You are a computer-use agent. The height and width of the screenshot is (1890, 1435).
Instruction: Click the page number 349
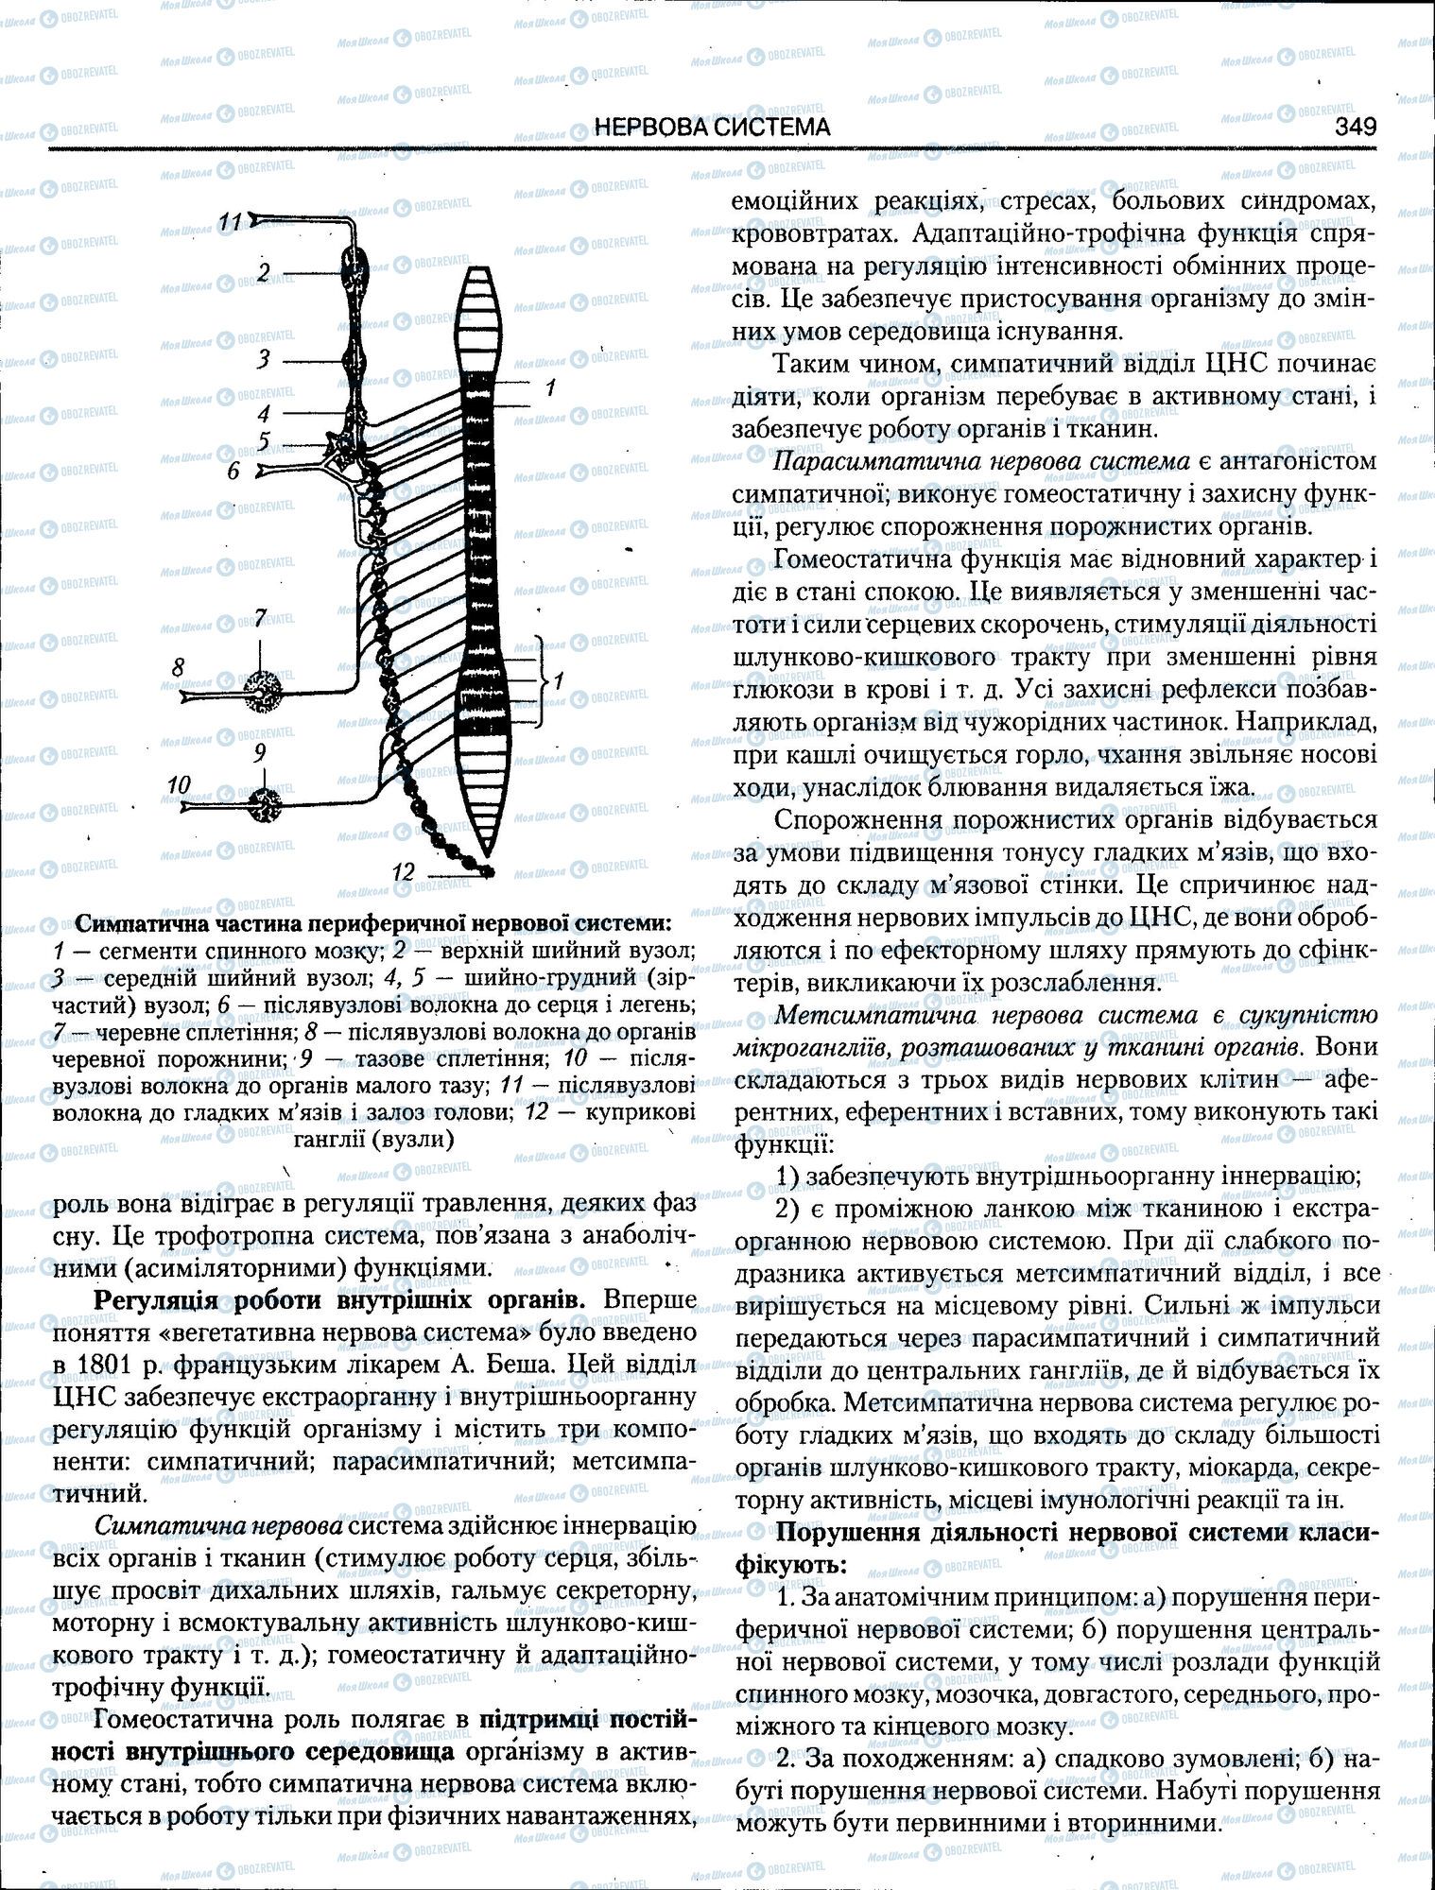pyautogui.click(x=1354, y=126)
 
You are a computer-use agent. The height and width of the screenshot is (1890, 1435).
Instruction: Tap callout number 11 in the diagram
pyautogui.click(x=231, y=221)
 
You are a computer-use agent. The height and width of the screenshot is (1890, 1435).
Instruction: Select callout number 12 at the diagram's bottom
pyautogui.click(x=404, y=871)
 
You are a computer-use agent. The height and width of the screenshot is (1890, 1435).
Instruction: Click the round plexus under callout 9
pyautogui.click(x=264, y=805)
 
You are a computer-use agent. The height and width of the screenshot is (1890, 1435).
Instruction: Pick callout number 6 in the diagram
pyautogui.click(x=233, y=470)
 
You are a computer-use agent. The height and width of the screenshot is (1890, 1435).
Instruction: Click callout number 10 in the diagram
pyautogui.click(x=180, y=783)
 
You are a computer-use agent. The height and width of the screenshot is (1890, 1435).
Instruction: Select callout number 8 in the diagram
pyautogui.click(x=178, y=667)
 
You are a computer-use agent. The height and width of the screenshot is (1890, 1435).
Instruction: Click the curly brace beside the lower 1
pyautogui.click(x=543, y=680)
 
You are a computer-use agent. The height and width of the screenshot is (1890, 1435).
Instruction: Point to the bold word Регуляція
pyautogui.click(x=155, y=1298)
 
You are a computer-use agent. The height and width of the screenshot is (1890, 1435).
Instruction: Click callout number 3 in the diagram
pyautogui.click(x=264, y=359)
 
